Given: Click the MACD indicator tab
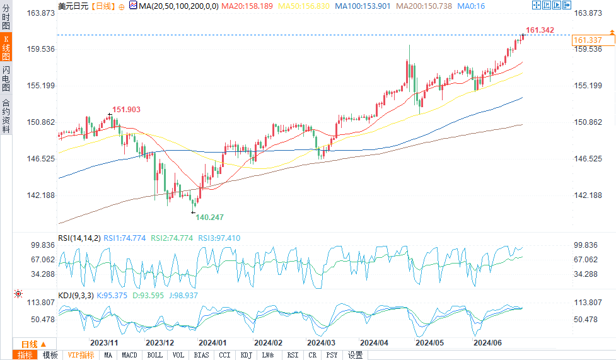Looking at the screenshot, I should [129, 355].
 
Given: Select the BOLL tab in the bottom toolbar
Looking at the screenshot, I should [154, 355].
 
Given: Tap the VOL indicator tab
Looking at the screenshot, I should [178, 355].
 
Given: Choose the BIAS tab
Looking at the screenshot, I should [201, 355].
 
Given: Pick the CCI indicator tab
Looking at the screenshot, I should [224, 355].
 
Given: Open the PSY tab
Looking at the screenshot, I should [332, 355].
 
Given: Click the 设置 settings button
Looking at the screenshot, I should [355, 355].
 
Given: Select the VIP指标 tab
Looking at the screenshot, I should [81, 355].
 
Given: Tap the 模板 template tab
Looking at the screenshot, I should [50, 355].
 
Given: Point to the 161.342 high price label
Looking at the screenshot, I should [540, 30].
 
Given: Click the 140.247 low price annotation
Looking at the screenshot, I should [210, 217].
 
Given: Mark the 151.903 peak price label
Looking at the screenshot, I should [126, 110].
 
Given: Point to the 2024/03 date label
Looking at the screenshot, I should [321, 342].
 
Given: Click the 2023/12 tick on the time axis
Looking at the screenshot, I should [160, 342].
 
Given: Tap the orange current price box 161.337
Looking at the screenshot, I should [587, 40].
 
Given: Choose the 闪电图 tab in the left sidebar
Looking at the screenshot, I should [6, 79].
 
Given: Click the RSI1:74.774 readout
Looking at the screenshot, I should [125, 238].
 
